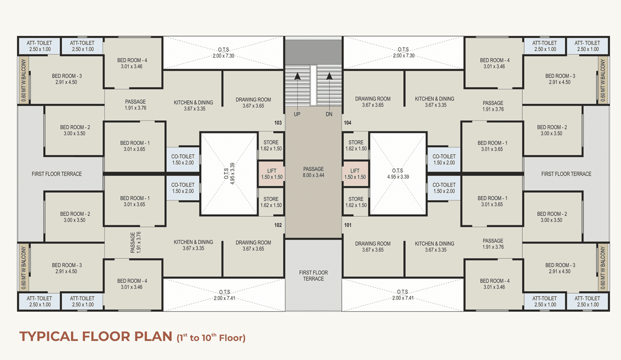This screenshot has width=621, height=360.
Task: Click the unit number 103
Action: (278, 123)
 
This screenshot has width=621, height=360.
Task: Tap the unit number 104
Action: (347, 123)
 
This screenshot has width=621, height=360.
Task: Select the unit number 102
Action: (278, 225)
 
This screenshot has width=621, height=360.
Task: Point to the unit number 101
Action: (347, 225)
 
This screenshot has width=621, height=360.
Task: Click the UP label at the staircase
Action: (297, 114)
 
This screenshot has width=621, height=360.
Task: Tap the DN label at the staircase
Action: (329, 114)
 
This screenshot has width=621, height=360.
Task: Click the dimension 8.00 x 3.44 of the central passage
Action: (313, 175)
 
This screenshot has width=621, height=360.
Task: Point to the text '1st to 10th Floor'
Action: (211, 338)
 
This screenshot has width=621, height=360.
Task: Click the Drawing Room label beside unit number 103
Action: (253, 103)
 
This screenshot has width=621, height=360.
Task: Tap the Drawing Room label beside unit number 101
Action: (372, 246)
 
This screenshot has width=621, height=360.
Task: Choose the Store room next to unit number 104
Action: (355, 145)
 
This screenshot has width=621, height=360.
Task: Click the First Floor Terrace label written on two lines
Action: (313, 276)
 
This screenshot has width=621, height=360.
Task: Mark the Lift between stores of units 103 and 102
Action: (271, 174)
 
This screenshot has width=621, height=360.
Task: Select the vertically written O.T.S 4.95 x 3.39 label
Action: (228, 174)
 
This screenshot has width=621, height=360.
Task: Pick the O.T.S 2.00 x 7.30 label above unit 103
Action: (223, 53)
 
